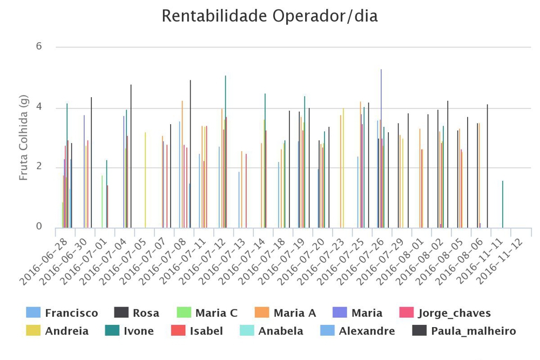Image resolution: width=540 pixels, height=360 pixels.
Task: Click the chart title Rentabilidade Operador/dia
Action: (x=269, y=16)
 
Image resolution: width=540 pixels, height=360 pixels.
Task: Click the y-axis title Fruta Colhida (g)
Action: (x=23, y=138)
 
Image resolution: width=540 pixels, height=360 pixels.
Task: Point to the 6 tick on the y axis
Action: (x=39, y=46)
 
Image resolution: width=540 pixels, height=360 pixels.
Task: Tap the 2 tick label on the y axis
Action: (x=39, y=167)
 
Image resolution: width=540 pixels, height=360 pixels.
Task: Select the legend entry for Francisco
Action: (x=71, y=313)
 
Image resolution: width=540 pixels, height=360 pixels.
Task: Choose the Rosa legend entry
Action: (x=146, y=313)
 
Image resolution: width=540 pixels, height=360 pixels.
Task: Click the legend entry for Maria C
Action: (x=216, y=313)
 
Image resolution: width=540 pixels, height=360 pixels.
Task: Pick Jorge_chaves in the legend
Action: (x=454, y=313)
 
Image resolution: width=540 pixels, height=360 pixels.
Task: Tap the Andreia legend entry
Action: (x=66, y=331)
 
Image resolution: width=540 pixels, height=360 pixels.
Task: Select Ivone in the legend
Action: (x=139, y=331)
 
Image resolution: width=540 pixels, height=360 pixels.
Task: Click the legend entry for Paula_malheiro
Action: (x=474, y=331)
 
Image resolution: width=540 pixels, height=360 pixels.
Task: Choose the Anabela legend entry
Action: (x=281, y=331)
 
